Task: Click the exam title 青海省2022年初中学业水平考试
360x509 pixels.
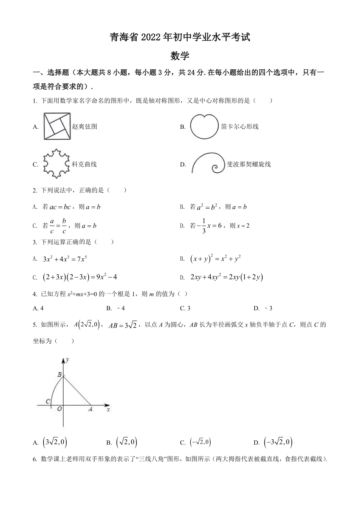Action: (180, 37)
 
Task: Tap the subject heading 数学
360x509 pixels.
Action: (180, 56)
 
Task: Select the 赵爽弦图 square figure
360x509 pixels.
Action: (57, 126)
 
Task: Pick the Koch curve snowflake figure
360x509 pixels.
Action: (56, 164)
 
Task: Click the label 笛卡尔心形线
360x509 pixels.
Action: (239, 126)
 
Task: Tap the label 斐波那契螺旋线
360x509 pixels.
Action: (249, 164)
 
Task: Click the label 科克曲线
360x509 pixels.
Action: (84, 164)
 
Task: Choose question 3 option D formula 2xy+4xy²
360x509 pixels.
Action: (227, 277)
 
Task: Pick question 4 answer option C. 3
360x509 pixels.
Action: (185, 308)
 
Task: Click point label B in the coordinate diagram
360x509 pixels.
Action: (59, 375)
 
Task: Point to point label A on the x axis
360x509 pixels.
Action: (90, 409)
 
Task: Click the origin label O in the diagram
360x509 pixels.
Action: (59, 409)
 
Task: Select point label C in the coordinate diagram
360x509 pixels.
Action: (47, 401)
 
